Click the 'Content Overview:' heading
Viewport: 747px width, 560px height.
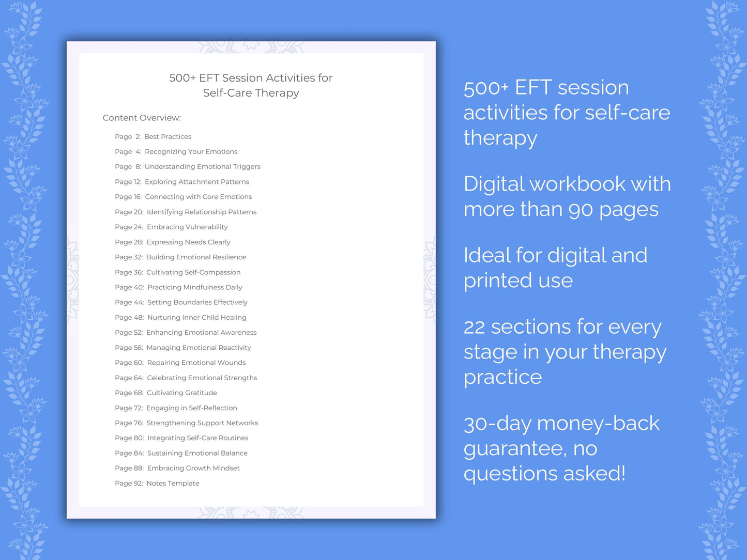coord(142,118)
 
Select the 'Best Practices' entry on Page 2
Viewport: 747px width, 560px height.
coord(167,137)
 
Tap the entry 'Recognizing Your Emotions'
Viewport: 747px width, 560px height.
coord(191,152)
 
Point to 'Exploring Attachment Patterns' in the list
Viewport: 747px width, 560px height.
coord(196,182)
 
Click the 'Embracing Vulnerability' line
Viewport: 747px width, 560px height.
coord(187,227)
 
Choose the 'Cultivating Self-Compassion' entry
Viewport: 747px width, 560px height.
coord(193,272)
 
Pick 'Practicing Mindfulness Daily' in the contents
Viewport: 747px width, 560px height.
coord(194,287)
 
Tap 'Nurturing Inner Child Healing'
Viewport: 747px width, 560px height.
coord(196,318)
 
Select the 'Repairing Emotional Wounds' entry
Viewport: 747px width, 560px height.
coord(196,363)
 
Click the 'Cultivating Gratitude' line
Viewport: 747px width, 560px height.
coord(182,393)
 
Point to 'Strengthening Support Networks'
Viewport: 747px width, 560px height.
coord(202,423)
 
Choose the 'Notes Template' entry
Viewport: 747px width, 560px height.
coord(173,484)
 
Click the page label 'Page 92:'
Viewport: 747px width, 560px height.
coord(129,484)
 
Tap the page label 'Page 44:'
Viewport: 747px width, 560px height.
coord(129,303)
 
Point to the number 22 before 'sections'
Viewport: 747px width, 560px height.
coord(474,328)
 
